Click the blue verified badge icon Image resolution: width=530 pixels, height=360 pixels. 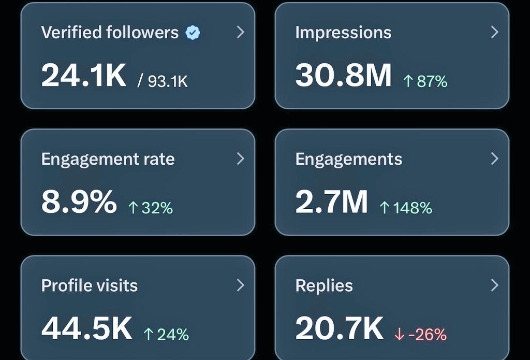[x=193, y=33]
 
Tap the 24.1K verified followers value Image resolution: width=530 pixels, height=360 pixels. [x=83, y=75]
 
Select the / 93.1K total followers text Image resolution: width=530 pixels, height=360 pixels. [x=163, y=81]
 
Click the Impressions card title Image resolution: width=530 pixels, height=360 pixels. [x=343, y=33]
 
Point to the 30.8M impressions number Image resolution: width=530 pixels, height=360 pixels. [x=343, y=75]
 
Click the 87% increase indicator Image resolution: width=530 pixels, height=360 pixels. [x=425, y=81]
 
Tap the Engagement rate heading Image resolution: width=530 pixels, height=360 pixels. [x=108, y=159]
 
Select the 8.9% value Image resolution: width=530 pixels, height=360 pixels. [x=79, y=201]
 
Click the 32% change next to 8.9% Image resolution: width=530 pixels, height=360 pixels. [x=150, y=208]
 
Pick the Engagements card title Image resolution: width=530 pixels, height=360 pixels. [x=348, y=159]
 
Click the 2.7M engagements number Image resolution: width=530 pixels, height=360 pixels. [x=331, y=201]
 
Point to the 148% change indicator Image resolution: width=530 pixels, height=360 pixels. [x=405, y=208]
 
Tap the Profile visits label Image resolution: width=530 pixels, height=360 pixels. [x=89, y=285]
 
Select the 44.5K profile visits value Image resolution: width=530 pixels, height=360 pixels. [x=87, y=328]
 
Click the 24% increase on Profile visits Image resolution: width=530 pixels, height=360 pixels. [x=166, y=335]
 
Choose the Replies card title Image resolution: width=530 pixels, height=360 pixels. [x=323, y=285]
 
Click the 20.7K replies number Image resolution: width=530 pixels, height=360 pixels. [x=340, y=328]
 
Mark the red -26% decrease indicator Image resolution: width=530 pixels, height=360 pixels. [x=420, y=335]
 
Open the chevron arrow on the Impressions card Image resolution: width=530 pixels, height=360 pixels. [x=494, y=32]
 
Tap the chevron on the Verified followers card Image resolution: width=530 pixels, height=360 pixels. [x=240, y=32]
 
